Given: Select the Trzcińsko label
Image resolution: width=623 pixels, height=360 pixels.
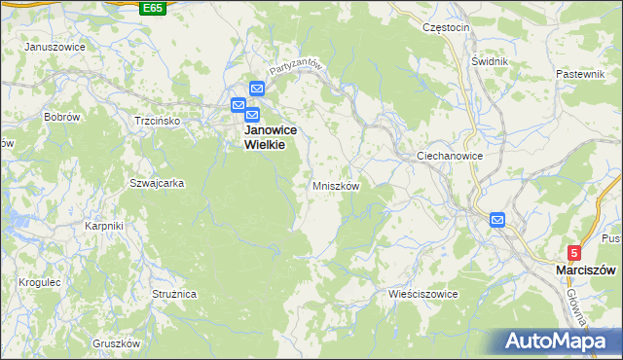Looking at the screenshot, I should point(157,121).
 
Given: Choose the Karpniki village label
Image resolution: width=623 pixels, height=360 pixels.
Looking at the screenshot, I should point(102,226).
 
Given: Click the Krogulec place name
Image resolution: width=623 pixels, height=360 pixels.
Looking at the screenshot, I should point(40,282).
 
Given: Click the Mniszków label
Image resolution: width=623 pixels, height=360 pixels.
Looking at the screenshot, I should point(336,185).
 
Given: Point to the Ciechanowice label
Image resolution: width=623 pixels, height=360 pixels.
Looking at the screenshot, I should point(450,156).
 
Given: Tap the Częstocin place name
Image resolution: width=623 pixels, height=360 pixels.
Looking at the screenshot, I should point(447,27).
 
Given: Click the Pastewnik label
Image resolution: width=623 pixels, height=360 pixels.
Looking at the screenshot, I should point(581,74).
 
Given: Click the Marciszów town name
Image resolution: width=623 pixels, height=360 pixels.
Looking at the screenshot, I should point(582,270).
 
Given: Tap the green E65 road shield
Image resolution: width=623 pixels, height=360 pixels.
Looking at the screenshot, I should point(152,8).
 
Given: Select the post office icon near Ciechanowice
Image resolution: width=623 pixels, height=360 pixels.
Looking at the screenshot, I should point(497,221).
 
